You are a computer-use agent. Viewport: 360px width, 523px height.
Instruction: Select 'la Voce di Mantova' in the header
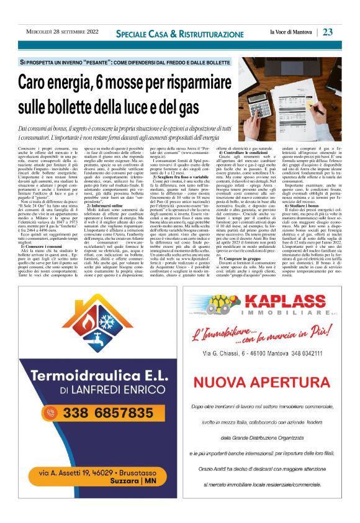tap(290, 32)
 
